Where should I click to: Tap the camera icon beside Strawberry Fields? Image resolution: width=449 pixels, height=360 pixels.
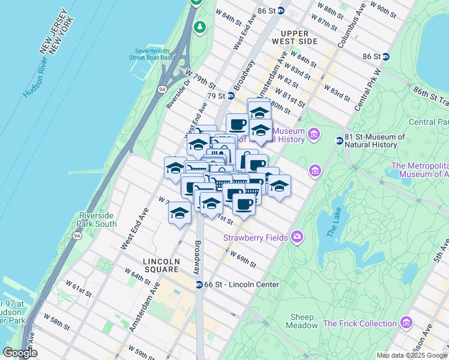(x=297, y=237)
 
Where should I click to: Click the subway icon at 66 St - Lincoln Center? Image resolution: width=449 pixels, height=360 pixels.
(x=199, y=284)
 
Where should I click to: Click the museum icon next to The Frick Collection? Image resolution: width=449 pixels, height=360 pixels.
(x=406, y=323)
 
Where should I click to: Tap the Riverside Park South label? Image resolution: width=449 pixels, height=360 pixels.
(x=97, y=220)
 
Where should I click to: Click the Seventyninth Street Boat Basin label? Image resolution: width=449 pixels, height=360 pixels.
(x=151, y=54)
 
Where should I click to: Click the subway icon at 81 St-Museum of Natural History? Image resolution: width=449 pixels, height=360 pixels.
(x=339, y=140)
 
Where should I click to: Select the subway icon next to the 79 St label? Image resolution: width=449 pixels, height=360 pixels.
(x=230, y=96)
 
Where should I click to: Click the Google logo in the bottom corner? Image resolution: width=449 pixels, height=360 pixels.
(x=20, y=353)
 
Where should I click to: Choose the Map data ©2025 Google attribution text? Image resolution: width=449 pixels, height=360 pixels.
(x=411, y=356)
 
